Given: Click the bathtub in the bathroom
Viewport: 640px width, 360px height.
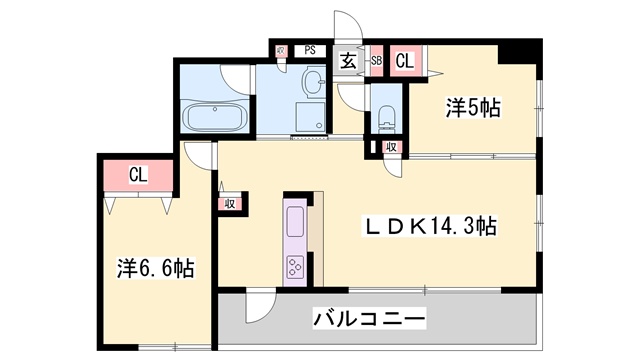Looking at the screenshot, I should tap(213, 117).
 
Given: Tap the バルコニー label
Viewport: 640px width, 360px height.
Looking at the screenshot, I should tap(369, 320).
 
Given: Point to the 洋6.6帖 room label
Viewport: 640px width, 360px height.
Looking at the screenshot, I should tap(155, 267).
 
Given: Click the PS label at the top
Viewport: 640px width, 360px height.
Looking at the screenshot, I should tap(310, 48).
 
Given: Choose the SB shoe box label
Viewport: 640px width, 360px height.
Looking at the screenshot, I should tap(377, 61).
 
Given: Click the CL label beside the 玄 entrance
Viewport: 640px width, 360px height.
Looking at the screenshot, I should tap(405, 60).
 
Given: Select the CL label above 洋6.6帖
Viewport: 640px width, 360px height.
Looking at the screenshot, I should tap(138, 176).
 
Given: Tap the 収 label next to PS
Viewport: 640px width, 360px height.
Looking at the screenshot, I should tap(281, 49).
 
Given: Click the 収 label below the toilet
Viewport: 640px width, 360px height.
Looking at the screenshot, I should tap(392, 148).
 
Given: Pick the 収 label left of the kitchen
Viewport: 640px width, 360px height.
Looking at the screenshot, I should tap(229, 203).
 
